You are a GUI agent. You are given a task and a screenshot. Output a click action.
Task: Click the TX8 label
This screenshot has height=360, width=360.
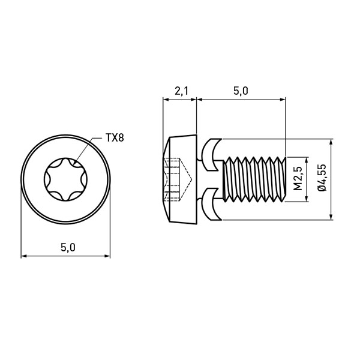[x=115, y=138]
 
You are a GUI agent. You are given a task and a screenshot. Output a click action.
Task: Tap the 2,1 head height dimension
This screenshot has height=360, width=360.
[x=181, y=91]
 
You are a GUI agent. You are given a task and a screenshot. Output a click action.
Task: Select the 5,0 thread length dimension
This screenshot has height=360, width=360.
[x=241, y=91]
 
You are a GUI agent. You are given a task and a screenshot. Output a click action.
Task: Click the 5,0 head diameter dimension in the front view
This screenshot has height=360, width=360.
[x=68, y=247]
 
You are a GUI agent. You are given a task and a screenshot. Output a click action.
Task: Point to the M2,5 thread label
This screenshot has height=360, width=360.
[x=298, y=179]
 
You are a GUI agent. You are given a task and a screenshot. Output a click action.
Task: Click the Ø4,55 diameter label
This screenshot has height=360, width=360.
[x=322, y=178]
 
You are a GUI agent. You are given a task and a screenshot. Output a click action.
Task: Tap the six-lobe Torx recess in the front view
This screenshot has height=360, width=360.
[x=65, y=179]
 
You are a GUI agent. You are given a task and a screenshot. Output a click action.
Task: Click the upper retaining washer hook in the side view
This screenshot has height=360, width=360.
[x=211, y=155]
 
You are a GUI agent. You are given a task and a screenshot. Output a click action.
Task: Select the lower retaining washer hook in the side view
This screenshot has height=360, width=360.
[x=211, y=205]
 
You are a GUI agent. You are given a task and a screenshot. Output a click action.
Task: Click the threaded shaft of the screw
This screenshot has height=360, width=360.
[x=254, y=179]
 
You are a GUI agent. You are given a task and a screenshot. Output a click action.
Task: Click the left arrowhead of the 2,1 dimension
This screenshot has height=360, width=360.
[x=166, y=100]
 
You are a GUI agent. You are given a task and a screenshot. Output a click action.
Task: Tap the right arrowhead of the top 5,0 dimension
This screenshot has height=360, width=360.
[x=283, y=100]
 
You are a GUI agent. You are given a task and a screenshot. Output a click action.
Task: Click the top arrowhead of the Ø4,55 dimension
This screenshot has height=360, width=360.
[x=331, y=142]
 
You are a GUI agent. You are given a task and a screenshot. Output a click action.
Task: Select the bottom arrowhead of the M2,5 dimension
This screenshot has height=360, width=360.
[x=307, y=199]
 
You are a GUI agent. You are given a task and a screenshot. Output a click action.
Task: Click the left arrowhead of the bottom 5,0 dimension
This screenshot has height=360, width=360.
[x=25, y=256]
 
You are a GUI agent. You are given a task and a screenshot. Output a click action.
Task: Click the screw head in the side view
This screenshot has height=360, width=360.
[x=180, y=179]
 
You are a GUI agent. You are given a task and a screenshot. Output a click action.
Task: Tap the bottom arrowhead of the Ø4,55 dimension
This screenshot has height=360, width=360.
[x=331, y=217]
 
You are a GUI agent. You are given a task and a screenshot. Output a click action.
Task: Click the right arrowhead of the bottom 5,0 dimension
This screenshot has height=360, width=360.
[x=107, y=256]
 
